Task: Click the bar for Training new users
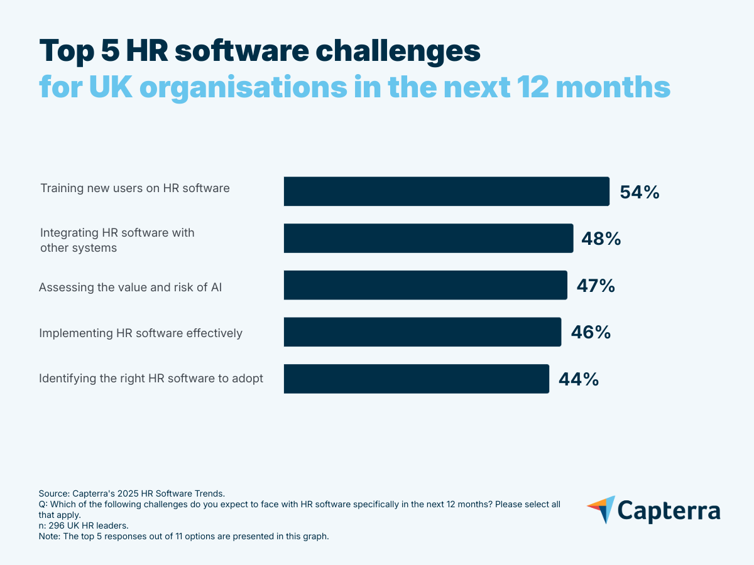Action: tap(446, 191)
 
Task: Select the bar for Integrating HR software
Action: tap(428, 239)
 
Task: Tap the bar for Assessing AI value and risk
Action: tap(425, 285)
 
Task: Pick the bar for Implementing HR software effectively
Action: tap(422, 332)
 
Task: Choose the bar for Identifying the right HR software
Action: tap(416, 379)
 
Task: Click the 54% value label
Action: tap(639, 192)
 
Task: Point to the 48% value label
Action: tap(602, 239)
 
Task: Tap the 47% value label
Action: tap(596, 286)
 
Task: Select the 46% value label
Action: tap(590, 332)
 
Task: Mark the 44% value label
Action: tap(578, 379)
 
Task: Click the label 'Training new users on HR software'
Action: tap(135, 188)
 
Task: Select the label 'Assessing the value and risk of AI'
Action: tap(131, 287)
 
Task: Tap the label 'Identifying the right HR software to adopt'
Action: tap(151, 379)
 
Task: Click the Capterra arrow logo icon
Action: tap(601, 509)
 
